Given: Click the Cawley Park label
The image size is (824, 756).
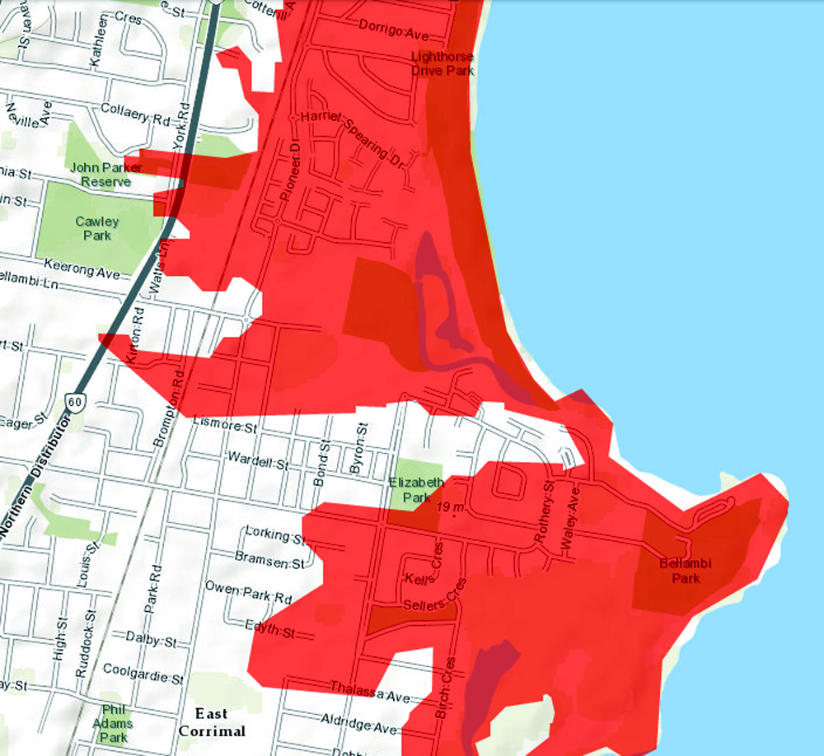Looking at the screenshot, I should tap(97, 229).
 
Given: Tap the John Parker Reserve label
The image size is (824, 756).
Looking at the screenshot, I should tap(105, 174).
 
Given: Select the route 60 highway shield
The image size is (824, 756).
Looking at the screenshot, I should tap(76, 402).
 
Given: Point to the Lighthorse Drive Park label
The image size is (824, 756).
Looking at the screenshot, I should tap(443, 63).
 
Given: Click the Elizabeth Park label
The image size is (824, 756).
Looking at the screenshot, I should tap(416, 490).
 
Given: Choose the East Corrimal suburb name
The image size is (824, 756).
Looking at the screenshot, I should tap(213, 722).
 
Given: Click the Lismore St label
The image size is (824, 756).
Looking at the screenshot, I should tap(224, 427).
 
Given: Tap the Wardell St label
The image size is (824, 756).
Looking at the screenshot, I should tap(257, 462).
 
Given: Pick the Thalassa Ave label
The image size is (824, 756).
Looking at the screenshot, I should tap(369, 692).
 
